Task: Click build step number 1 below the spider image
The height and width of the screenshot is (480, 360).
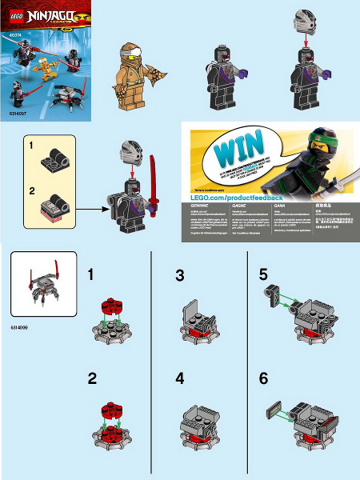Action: tap(93, 274)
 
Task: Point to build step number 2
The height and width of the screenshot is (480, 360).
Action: tap(93, 379)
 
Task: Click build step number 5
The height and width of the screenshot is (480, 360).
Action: tap(264, 274)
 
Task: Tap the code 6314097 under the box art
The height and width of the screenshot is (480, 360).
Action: tap(21, 115)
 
